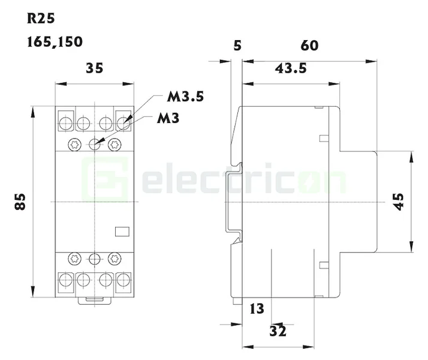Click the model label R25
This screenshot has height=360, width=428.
41,18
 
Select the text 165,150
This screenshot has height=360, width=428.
55,42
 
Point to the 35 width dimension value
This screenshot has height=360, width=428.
94,68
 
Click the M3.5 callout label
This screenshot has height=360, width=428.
185,97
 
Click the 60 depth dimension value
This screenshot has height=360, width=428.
309,46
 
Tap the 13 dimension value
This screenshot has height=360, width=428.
257,309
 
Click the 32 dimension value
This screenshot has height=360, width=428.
278,330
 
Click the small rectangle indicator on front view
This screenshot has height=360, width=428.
122,231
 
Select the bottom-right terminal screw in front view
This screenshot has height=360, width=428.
124,279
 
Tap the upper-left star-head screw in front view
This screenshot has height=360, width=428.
75,144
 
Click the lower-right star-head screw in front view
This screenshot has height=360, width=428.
114,259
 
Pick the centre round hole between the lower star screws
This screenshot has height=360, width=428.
94,259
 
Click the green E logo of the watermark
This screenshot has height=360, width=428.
106,178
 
